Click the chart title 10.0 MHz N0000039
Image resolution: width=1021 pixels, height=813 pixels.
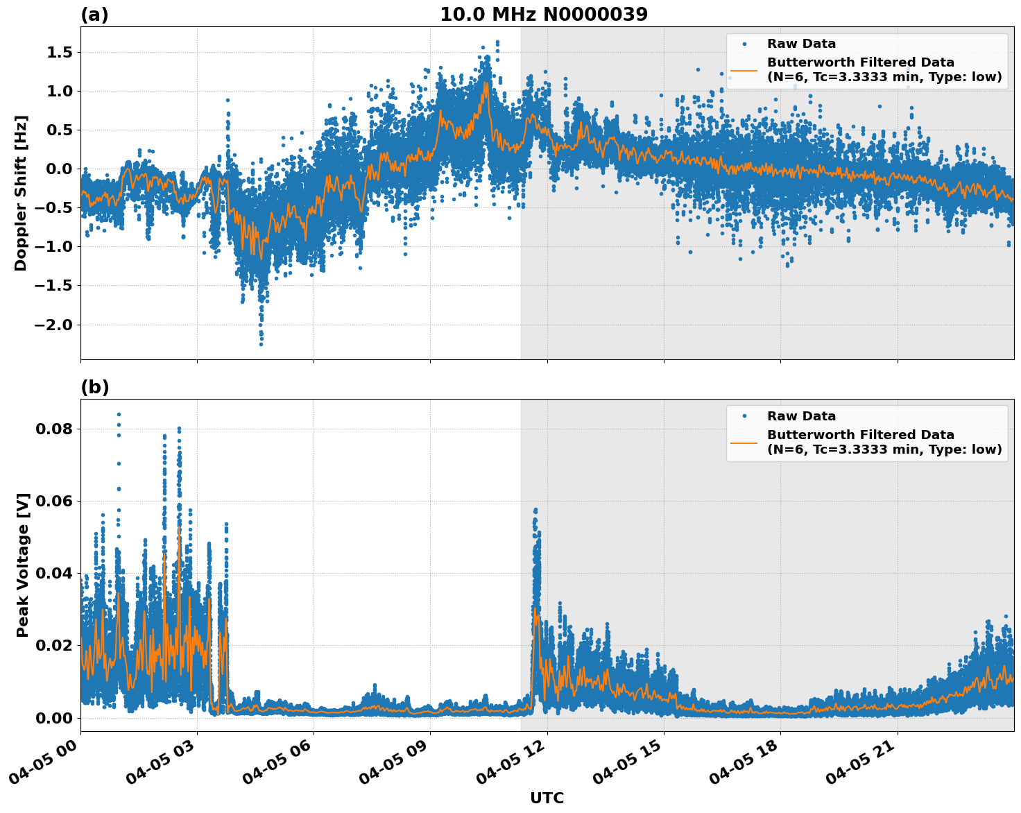(543, 15)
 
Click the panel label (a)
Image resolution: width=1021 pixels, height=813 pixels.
(94, 15)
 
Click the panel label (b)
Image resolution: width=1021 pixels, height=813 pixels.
(94, 387)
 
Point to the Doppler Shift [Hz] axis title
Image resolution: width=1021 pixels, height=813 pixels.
(21, 193)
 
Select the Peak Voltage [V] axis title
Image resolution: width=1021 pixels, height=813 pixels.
(23, 565)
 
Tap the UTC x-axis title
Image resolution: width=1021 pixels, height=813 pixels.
(547, 798)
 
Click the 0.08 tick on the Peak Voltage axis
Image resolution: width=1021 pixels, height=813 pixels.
(53, 429)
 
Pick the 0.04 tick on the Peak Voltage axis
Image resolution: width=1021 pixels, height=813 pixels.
(53, 573)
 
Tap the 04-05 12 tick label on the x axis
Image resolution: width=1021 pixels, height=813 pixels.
(510, 767)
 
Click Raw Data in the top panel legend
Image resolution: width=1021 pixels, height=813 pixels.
(801, 44)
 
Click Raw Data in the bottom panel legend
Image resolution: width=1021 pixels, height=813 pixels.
(801, 416)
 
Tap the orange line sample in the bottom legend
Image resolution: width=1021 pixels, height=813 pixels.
(744, 442)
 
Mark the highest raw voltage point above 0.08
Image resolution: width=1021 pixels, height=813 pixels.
(119, 414)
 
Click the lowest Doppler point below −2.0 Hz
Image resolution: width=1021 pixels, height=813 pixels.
(261, 344)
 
